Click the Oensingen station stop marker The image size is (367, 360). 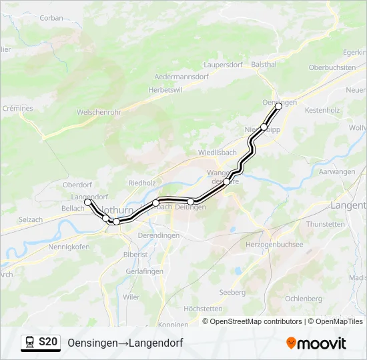[279, 106]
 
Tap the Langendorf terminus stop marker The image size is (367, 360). [87, 201]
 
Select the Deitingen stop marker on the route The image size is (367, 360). [191, 201]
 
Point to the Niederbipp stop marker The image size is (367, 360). [264, 127]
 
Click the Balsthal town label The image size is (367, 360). [264, 64]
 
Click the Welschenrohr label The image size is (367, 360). [99, 113]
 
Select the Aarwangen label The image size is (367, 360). [337, 172]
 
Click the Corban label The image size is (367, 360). [51, 18]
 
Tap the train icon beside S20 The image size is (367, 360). [30, 343]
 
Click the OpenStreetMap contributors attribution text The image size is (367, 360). [252, 321]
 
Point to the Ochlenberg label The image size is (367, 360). [304, 299]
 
